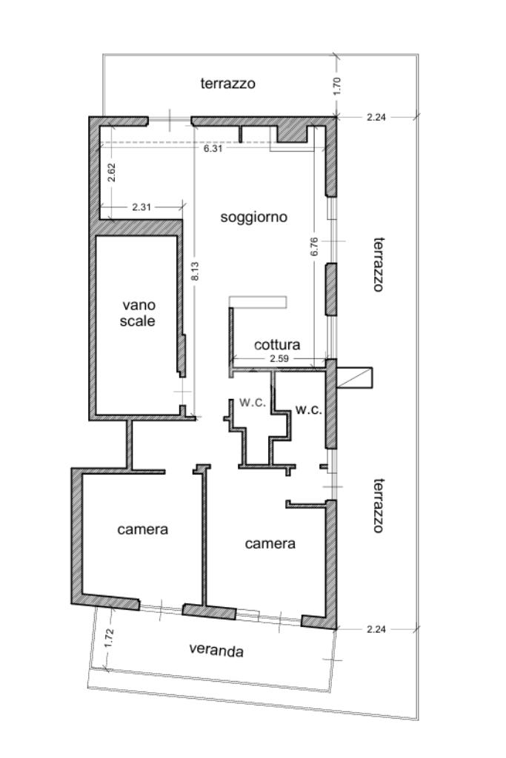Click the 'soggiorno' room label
(253, 217)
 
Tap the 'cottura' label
(276, 345)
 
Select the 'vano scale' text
(138, 313)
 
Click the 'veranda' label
(216, 650)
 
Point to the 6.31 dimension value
(213, 148)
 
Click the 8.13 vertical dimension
(195, 271)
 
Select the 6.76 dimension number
(314, 246)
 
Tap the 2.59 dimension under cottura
(279, 359)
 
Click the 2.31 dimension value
(142, 207)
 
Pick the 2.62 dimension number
(111, 172)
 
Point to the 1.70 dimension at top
(338, 86)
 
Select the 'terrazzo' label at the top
(228, 84)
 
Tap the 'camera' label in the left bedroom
(143, 529)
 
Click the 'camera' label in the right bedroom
(270, 543)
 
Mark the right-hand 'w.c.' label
(309, 410)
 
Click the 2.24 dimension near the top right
(376, 116)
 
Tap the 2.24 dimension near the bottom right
(376, 629)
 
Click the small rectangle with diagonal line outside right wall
(355, 378)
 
